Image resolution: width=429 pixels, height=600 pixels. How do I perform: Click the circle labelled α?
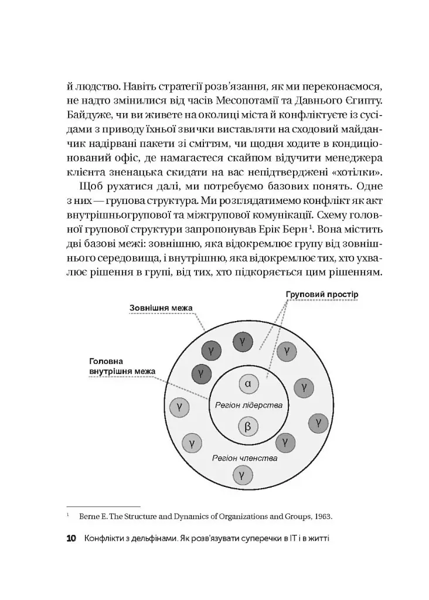(x=247, y=384)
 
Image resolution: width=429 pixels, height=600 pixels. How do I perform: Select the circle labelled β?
(x=247, y=427)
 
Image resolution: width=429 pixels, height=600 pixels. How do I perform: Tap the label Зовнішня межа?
(x=161, y=308)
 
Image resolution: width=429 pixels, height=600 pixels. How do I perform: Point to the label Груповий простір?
(x=322, y=293)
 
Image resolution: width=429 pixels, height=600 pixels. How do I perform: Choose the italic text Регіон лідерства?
(x=248, y=405)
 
